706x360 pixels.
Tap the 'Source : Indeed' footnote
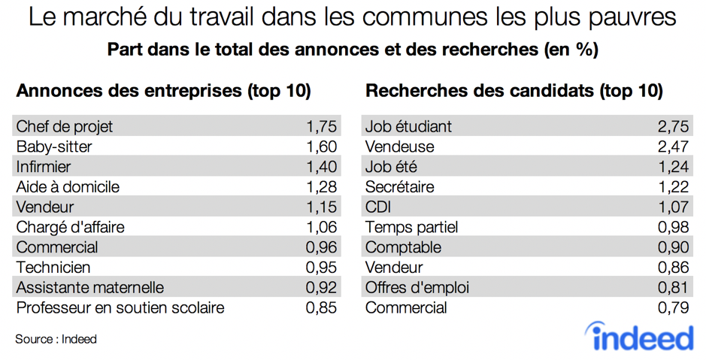pos(56,339)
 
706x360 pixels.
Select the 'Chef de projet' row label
pos(65,126)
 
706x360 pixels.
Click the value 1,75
pos(321,126)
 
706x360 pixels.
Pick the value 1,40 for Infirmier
pos(321,167)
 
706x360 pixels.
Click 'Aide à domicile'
pos(68,186)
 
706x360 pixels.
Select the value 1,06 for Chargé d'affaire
pos(321,227)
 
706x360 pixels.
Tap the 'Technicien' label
pos(53,267)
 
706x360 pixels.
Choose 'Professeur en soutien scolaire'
pos(120,307)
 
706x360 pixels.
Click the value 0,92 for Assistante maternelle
pos(321,287)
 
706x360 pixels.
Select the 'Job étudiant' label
pos(408,126)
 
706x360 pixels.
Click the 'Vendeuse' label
pos(399,147)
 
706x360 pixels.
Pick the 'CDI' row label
pos(378,207)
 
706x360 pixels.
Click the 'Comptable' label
pos(403,247)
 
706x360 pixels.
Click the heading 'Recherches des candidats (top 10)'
pos(514,91)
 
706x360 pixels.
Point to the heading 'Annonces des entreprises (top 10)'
pos(163,91)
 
